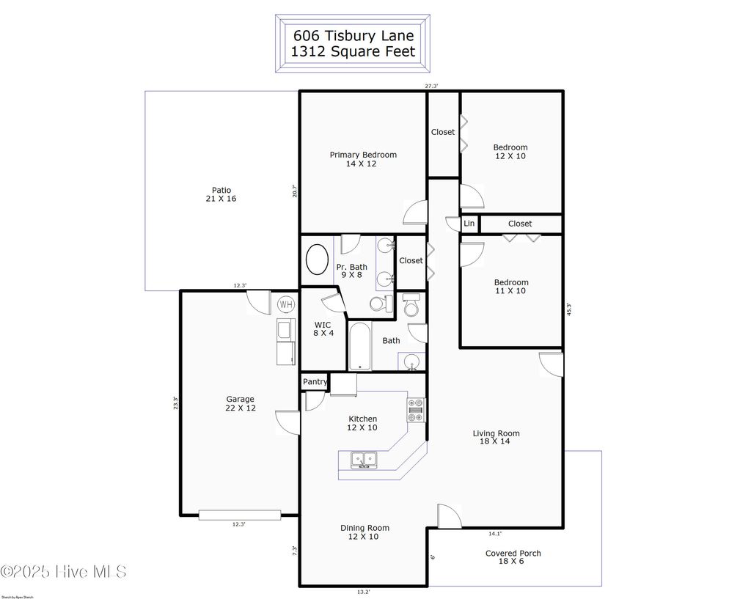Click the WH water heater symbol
click(x=285, y=304)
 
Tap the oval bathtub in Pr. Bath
click(x=317, y=260)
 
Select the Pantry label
click(x=315, y=382)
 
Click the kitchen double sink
click(x=363, y=460)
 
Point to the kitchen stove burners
click(x=416, y=410)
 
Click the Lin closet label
click(x=469, y=224)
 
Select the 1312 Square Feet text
click(x=353, y=51)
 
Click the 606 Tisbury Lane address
click(x=353, y=35)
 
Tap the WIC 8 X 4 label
click(x=323, y=329)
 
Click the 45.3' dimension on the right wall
click(x=568, y=310)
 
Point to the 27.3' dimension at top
click(x=431, y=86)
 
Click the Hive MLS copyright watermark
click(x=64, y=571)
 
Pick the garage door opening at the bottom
click(x=239, y=515)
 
